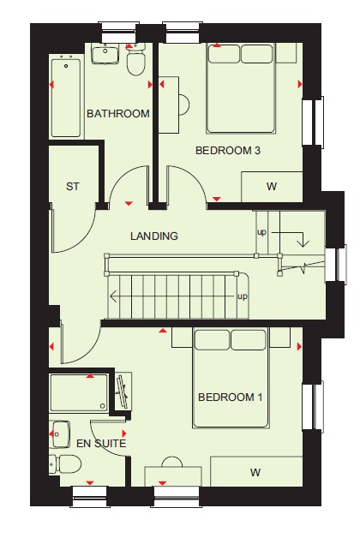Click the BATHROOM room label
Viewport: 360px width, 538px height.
click(118, 114)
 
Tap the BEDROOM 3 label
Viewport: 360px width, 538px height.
click(228, 150)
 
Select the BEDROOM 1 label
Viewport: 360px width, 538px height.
click(231, 398)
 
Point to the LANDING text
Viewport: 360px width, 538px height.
click(154, 236)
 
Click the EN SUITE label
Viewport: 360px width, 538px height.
click(101, 443)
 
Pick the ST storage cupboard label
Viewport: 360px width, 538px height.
click(72, 187)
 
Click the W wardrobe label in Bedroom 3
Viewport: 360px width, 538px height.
click(272, 187)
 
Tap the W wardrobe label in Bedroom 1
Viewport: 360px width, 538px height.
click(255, 473)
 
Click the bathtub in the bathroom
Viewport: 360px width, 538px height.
click(66, 99)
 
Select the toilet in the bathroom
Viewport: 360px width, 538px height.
click(136, 60)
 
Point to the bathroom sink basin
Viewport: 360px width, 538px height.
click(105, 53)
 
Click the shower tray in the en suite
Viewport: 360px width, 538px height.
click(79, 392)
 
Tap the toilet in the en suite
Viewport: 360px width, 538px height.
click(65, 463)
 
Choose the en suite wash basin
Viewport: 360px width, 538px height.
click(60, 434)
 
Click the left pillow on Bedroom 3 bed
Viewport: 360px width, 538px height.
click(224, 54)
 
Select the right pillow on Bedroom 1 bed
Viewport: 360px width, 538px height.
click(249, 340)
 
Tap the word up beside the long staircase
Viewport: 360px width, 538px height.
click(243, 296)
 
